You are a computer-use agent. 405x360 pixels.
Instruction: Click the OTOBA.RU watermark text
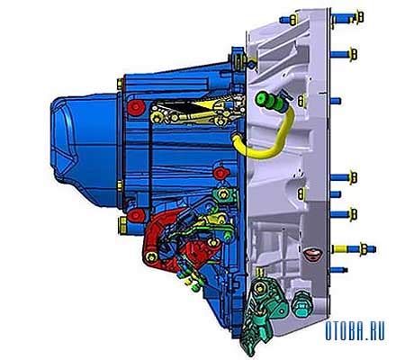click(355, 331)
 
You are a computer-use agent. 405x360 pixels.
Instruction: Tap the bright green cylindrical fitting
click(269, 101)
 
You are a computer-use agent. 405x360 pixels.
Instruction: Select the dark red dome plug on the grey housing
click(312, 254)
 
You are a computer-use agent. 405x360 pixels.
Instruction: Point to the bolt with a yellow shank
click(354, 249)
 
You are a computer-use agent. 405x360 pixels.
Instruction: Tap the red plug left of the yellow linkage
click(136, 108)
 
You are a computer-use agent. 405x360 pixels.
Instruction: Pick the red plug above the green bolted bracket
click(221, 174)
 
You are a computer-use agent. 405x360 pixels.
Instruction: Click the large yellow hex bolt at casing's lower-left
click(123, 226)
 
